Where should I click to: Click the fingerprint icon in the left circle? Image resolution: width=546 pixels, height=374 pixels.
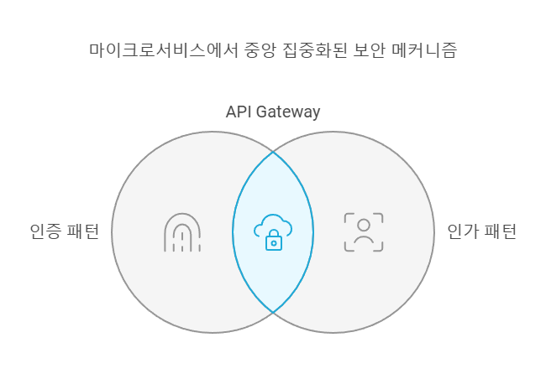(x=181, y=232)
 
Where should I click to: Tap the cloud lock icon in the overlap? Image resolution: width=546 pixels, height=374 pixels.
(x=273, y=231)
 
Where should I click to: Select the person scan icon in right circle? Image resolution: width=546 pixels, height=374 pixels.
(x=364, y=232)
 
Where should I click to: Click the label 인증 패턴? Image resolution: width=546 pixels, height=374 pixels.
(x=64, y=231)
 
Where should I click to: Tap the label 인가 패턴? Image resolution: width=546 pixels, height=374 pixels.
(x=482, y=231)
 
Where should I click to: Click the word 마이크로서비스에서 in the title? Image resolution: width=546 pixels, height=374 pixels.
(x=152, y=49)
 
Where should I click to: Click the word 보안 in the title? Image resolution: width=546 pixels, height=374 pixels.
(x=358, y=49)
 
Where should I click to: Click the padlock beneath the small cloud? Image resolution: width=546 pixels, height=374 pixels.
(x=273, y=242)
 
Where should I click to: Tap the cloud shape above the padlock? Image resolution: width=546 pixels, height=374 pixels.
(x=273, y=224)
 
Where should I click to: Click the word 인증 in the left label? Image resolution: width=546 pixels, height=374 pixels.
(x=44, y=231)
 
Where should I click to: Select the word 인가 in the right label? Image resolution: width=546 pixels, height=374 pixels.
(x=462, y=231)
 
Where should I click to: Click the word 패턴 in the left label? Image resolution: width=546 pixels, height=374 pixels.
(x=82, y=231)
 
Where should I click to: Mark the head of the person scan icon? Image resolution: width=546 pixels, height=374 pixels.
(x=364, y=225)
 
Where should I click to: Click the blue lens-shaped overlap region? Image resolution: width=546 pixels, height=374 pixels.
(x=273, y=193)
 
